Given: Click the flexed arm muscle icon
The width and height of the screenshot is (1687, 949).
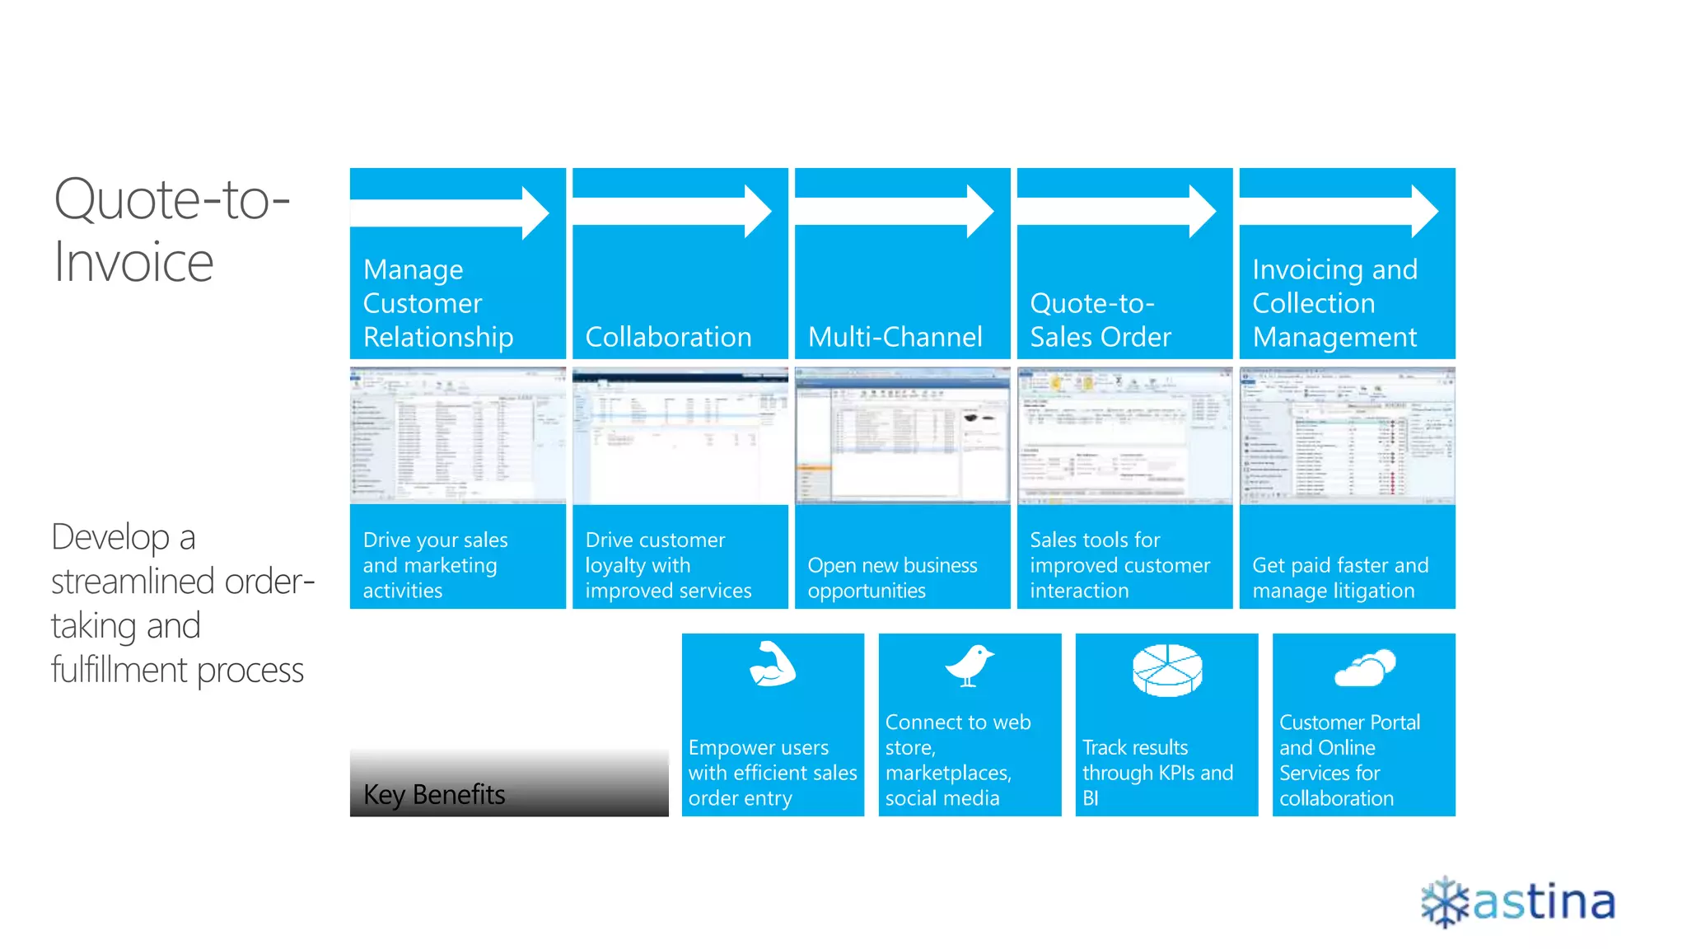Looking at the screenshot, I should click(772, 664).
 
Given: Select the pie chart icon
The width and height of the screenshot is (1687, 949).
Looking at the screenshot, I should click(1167, 670).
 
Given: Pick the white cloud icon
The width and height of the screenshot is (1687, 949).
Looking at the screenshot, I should click(1365, 668).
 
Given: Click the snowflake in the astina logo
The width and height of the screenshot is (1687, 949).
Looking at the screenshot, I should click(1445, 902).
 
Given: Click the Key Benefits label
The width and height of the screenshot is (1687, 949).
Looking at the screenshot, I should click(434, 794).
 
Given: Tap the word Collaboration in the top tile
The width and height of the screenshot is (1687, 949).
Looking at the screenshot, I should click(668, 337).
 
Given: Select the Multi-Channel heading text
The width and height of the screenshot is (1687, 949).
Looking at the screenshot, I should click(895, 337).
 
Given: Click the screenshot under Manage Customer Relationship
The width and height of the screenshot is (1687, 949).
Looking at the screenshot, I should click(458, 435).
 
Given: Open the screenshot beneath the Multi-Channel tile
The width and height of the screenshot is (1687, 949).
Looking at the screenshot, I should click(903, 435).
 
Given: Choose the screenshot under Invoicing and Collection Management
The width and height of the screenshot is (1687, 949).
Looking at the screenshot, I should click(1348, 435).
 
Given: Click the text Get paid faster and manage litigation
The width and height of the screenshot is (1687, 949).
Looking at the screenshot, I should click(1340, 577).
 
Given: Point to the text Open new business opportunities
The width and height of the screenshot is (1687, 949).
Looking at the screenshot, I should click(892, 577).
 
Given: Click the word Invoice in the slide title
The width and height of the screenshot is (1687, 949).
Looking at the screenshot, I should click(133, 263).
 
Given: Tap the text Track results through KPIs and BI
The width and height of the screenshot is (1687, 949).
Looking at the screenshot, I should click(1157, 772).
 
